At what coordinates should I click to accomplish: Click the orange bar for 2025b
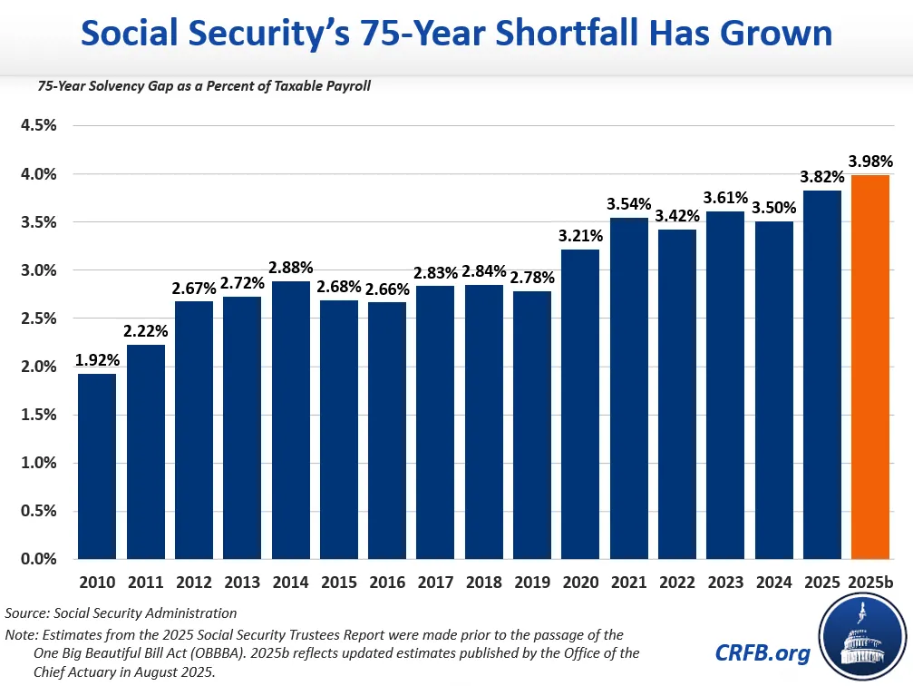point(870,367)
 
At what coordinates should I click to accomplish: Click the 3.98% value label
point(870,162)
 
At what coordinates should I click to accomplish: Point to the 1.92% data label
point(97,360)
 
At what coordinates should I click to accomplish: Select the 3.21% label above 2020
point(580,236)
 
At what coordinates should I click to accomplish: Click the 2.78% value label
point(532,278)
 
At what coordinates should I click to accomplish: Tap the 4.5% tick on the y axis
point(39,125)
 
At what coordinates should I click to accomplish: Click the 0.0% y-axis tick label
point(39,559)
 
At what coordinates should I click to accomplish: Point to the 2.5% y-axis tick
point(39,318)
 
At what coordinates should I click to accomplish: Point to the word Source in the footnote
point(28,613)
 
